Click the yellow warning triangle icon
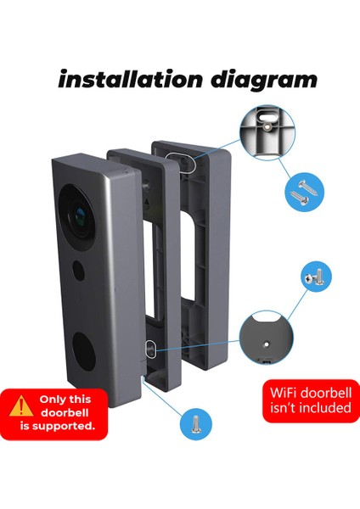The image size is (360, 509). coord(21,406)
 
